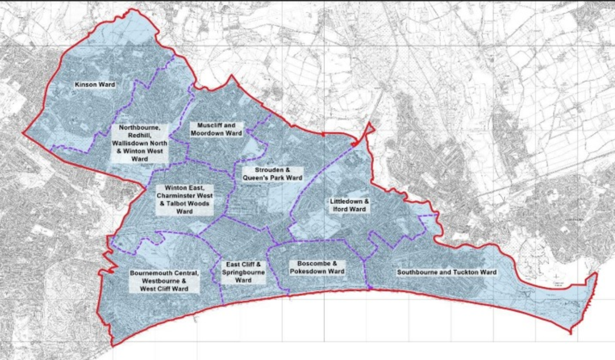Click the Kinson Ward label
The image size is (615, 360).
click(x=95, y=84)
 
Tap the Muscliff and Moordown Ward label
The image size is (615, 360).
click(x=216, y=129)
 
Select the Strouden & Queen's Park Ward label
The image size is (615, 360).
click(x=273, y=173)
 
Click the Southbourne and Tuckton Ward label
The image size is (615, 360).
click(x=446, y=272)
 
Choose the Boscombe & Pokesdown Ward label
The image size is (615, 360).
click(x=316, y=267)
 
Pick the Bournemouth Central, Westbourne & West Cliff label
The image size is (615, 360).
click(x=157, y=281)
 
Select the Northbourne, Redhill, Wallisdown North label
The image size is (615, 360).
click(x=139, y=143)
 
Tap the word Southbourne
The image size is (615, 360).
click(x=418, y=272)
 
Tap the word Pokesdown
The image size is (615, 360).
click(x=310, y=271)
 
